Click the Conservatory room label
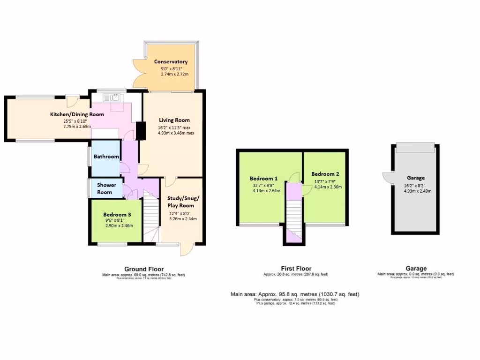171,62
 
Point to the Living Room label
174,120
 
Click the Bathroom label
106,157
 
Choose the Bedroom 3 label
117,215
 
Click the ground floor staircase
150,218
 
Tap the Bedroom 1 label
263,179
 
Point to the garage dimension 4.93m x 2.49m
416,191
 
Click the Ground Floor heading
144,269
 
